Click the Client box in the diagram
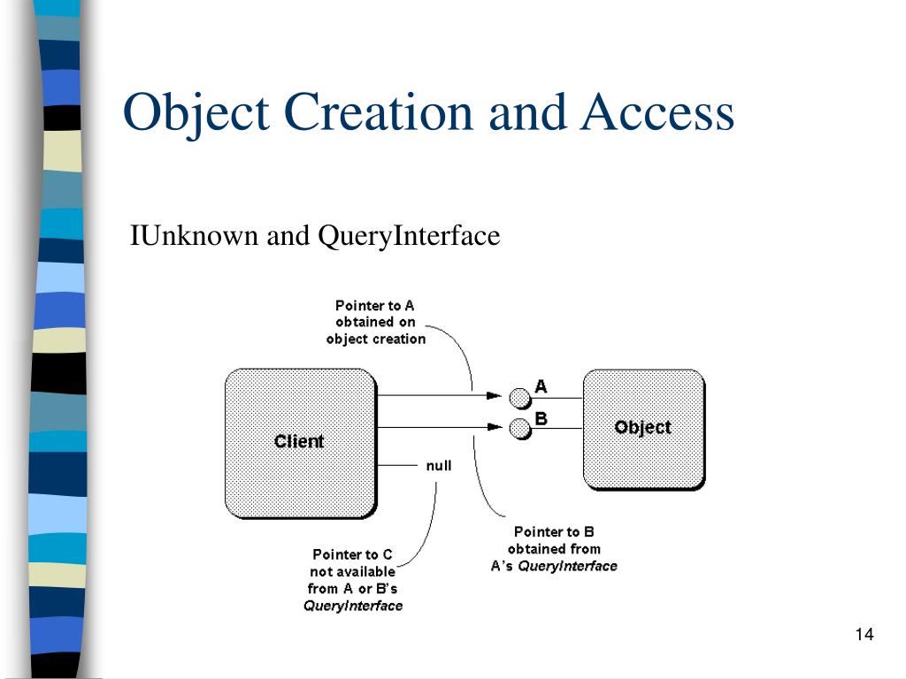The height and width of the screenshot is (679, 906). click(300, 442)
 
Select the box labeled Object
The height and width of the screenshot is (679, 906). click(643, 428)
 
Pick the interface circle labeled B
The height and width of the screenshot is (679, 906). click(519, 429)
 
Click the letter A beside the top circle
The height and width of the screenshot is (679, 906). click(541, 386)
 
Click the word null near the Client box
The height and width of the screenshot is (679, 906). click(439, 465)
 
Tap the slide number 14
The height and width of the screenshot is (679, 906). click(864, 635)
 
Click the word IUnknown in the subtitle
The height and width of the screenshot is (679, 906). click(181, 236)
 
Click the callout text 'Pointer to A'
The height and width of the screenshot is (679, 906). click(374, 306)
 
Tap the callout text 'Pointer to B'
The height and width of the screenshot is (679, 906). click(554, 531)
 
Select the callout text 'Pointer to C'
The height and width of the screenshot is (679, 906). click(352, 554)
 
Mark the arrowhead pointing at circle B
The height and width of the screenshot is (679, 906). click(493, 428)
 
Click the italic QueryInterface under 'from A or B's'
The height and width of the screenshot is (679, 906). click(352, 606)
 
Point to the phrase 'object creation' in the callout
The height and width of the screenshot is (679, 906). click(375, 339)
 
